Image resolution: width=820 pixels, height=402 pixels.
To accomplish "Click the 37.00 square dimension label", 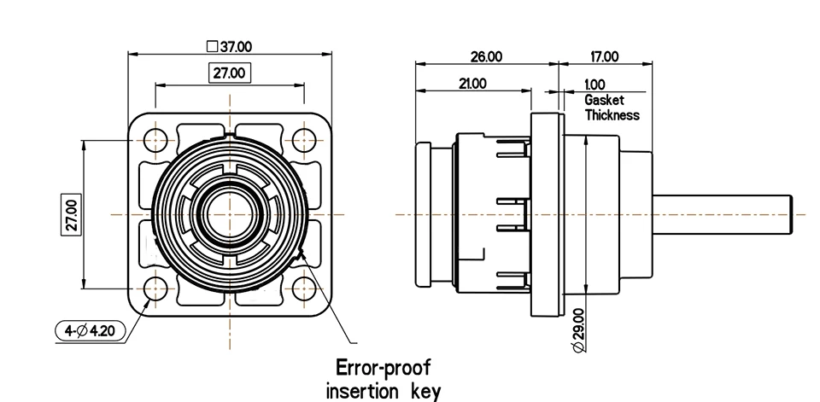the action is click(x=230, y=47).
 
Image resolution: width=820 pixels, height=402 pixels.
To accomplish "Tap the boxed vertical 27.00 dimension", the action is click(x=72, y=214).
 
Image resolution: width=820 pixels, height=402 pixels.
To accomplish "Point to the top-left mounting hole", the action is click(x=155, y=140).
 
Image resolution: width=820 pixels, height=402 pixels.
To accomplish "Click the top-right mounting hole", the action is click(x=304, y=140).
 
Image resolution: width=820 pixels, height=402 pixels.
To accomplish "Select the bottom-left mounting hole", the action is click(x=155, y=288).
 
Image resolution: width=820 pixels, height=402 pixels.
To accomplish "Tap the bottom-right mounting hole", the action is click(x=304, y=288).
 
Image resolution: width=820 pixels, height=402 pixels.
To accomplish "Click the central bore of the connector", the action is click(x=230, y=214).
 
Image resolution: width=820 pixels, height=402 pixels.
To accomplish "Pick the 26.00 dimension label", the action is click(x=486, y=56).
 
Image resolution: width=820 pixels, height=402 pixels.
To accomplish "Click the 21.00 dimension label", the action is click(x=472, y=84).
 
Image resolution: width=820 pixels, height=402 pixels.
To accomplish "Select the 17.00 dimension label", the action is click(x=605, y=56).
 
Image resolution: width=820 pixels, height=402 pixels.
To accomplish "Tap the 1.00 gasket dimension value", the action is click(x=594, y=84).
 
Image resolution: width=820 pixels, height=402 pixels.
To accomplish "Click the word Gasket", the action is click(x=604, y=100).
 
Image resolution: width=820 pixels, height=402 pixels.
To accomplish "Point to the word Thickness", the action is click(x=612, y=114).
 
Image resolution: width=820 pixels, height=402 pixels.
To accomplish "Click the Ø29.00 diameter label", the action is click(x=578, y=330).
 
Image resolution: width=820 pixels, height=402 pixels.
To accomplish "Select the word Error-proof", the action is click(x=384, y=368).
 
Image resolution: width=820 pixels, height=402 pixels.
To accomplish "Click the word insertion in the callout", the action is click(x=360, y=391).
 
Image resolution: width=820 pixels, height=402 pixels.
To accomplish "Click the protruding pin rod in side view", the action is click(x=723, y=214).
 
